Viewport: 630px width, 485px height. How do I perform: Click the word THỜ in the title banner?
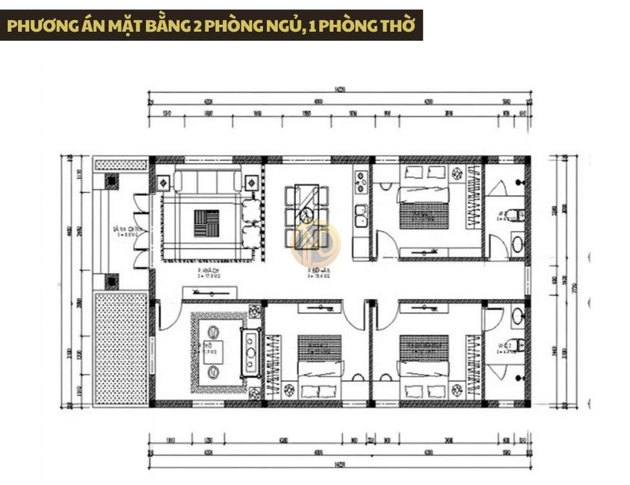[x=395, y=26]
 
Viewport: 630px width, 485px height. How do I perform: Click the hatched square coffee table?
[x=206, y=223]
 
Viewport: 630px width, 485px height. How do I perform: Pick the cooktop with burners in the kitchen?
[x=361, y=181]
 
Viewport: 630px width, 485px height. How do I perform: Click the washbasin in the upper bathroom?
[x=517, y=244]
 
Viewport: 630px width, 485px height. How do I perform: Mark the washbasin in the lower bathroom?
[x=517, y=316]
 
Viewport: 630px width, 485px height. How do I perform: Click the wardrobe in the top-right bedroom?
[x=476, y=210]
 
